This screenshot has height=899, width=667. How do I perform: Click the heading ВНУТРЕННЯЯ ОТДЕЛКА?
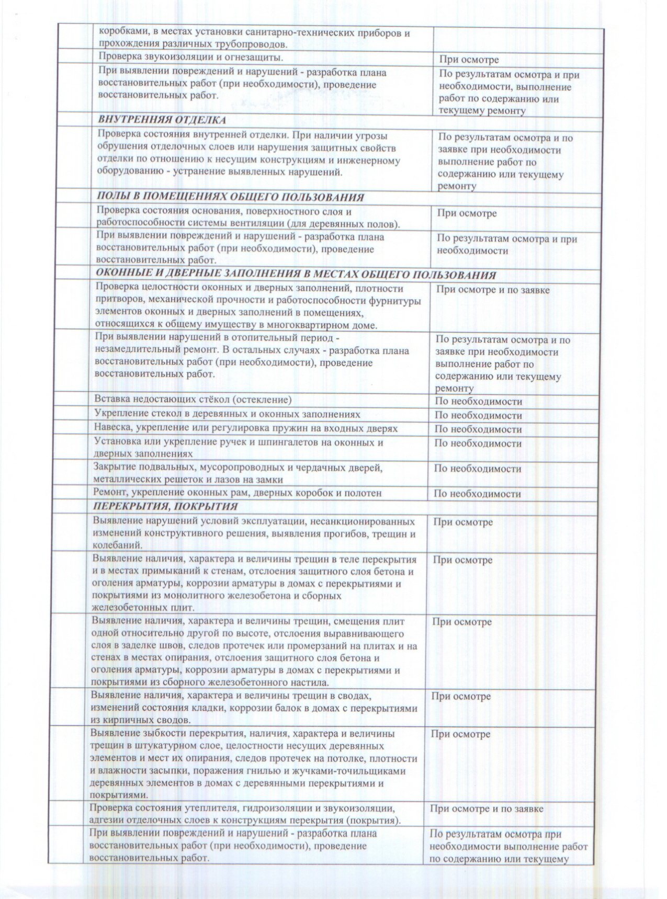162,120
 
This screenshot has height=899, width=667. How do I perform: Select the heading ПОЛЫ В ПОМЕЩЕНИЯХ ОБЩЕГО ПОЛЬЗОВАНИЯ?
230,197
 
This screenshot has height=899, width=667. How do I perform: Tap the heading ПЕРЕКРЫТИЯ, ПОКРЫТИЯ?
165,506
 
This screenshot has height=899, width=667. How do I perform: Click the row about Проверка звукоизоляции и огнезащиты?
191,56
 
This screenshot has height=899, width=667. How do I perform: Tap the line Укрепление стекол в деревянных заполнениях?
227,414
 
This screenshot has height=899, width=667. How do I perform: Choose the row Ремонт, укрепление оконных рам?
237,493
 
